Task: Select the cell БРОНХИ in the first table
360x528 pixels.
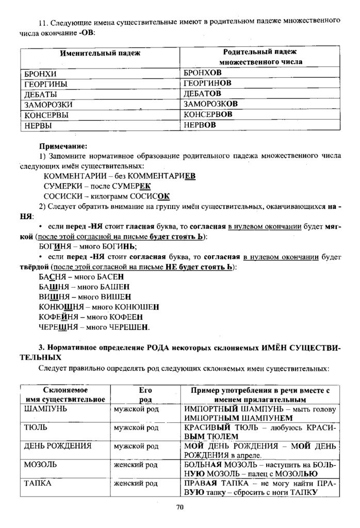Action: click(x=37, y=74)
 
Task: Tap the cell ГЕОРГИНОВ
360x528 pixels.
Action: click(x=207, y=84)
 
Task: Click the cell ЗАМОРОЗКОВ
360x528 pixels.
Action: click(x=211, y=104)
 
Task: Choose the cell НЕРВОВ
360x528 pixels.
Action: click(x=200, y=125)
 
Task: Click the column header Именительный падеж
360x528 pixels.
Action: click(x=100, y=53)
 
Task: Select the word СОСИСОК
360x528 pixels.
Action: click(x=149, y=196)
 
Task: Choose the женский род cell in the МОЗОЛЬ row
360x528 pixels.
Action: click(x=136, y=465)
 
